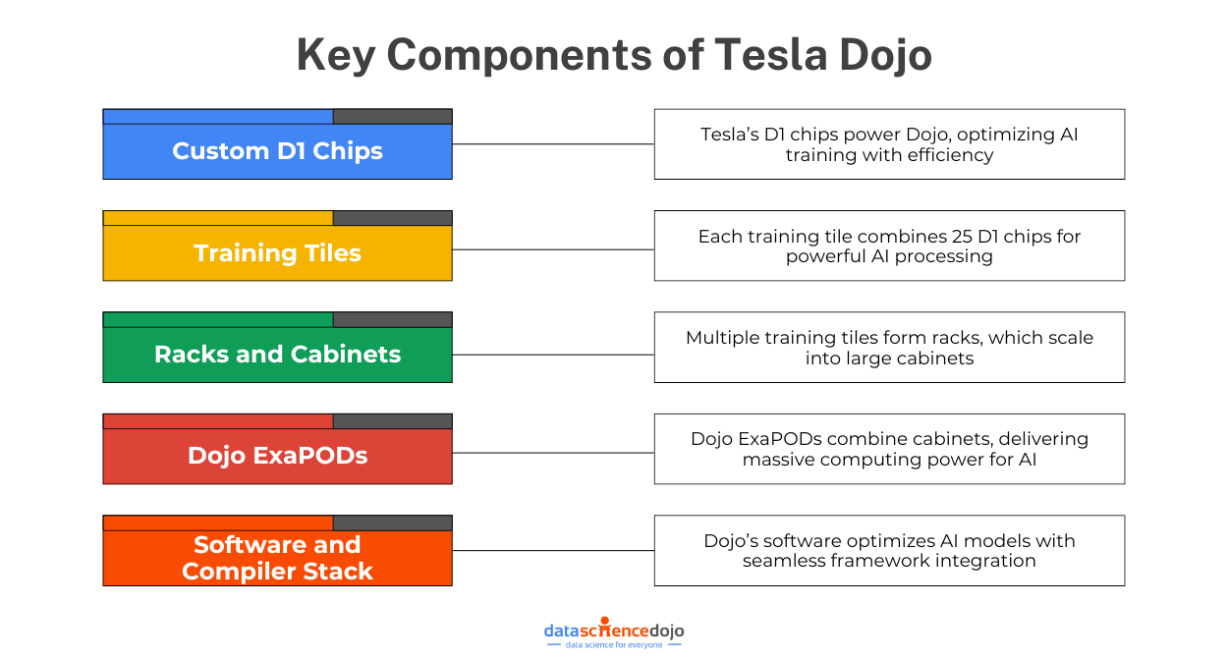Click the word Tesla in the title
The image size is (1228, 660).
pos(766,55)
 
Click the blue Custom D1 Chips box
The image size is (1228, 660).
pos(277,151)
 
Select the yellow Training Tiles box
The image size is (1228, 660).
pos(277,253)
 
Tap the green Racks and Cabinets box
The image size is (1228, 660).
pos(277,355)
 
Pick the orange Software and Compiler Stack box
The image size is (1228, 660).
pos(277,558)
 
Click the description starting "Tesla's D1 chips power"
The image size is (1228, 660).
pos(889,144)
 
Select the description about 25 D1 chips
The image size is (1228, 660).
pos(889,246)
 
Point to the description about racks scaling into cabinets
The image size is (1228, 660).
pos(889,348)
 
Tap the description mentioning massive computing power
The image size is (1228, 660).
pos(889,449)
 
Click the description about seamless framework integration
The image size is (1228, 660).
pos(889,551)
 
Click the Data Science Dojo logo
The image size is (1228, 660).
pos(614,631)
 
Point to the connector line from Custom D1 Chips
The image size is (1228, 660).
pos(553,144)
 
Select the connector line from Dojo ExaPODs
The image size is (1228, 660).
pos(553,453)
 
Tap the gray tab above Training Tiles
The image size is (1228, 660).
pos(392,218)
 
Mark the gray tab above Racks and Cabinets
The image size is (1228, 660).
pos(392,319)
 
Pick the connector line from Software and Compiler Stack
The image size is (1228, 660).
pos(553,551)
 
